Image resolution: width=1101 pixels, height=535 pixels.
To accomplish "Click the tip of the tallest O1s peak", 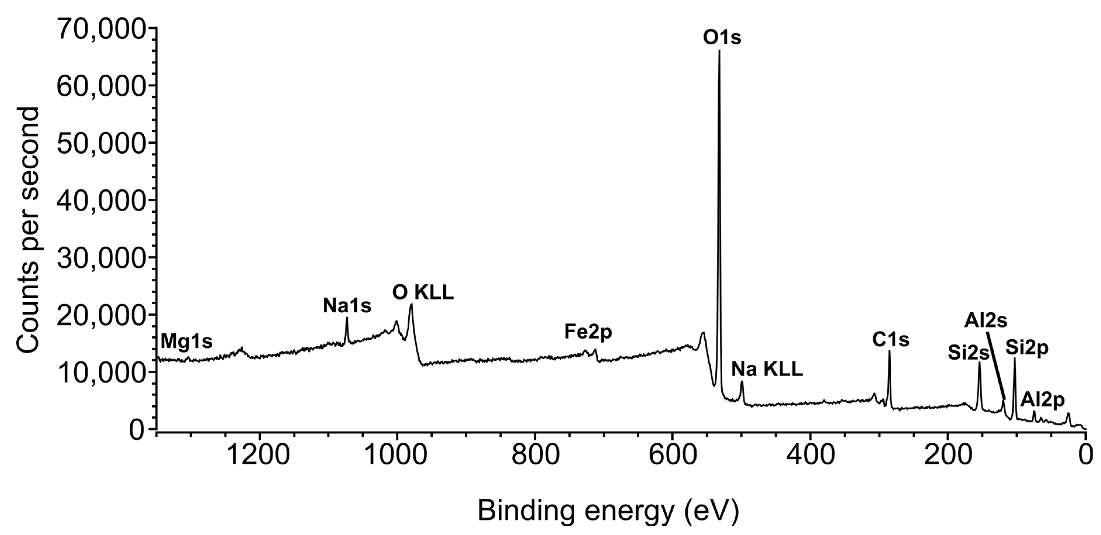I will pos(719,51).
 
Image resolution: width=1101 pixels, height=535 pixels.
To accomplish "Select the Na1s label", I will pos(347,306).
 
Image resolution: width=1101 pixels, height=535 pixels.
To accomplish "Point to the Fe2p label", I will pos(588,332).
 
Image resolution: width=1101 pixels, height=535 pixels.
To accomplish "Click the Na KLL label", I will pos(767,369).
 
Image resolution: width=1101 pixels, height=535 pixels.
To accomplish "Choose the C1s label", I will pos(890,340).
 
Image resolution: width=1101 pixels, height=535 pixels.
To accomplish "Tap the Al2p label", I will pos(1043,400).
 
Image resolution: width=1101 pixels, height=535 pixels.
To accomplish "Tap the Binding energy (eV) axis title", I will pos(608,511).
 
